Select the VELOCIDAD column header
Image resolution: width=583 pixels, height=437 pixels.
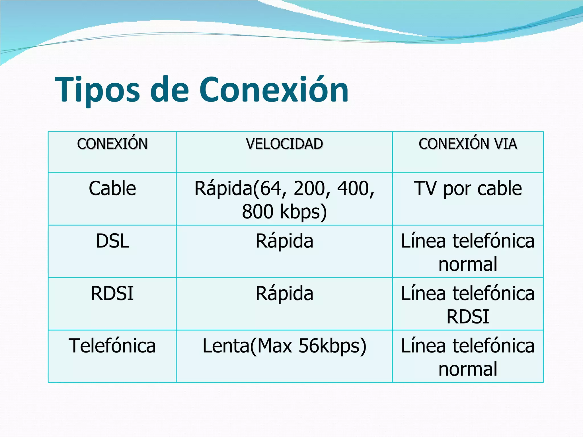click(x=284, y=144)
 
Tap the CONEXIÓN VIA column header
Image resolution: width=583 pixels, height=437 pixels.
click(x=468, y=144)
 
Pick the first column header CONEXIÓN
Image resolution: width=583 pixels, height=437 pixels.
click(x=112, y=144)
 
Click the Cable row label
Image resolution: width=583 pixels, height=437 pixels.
click(x=112, y=188)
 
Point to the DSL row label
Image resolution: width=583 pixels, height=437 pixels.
click(x=112, y=241)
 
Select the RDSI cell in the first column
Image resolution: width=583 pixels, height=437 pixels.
click(x=112, y=293)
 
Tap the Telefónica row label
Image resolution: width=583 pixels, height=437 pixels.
click(x=112, y=346)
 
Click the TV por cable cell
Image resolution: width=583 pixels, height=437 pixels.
click(x=468, y=188)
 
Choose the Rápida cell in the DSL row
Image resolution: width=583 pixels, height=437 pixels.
click(x=284, y=241)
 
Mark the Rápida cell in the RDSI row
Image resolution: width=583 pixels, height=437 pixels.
click(x=284, y=293)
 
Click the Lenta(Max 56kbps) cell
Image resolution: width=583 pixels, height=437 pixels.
click(x=284, y=346)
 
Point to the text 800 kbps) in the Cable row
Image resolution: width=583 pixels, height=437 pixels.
click(x=284, y=212)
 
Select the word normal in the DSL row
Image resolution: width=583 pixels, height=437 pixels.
click(x=468, y=264)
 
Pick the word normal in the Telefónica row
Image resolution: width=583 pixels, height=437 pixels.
click(x=468, y=369)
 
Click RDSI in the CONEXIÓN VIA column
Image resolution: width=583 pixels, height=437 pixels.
click(x=468, y=317)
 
